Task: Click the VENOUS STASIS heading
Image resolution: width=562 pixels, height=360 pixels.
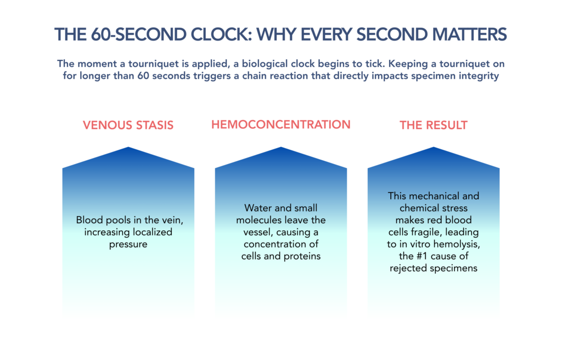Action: [x=128, y=125]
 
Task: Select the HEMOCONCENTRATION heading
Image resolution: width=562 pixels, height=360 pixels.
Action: [x=280, y=125]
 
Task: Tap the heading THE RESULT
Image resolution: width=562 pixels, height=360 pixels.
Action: [x=434, y=125]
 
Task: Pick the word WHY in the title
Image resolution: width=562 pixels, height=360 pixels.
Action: [x=277, y=35]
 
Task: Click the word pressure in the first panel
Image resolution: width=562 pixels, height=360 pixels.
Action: [x=128, y=245]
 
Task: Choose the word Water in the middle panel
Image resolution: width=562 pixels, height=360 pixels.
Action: [x=256, y=208]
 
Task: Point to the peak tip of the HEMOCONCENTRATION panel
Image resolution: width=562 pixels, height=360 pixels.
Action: [x=281, y=147]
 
